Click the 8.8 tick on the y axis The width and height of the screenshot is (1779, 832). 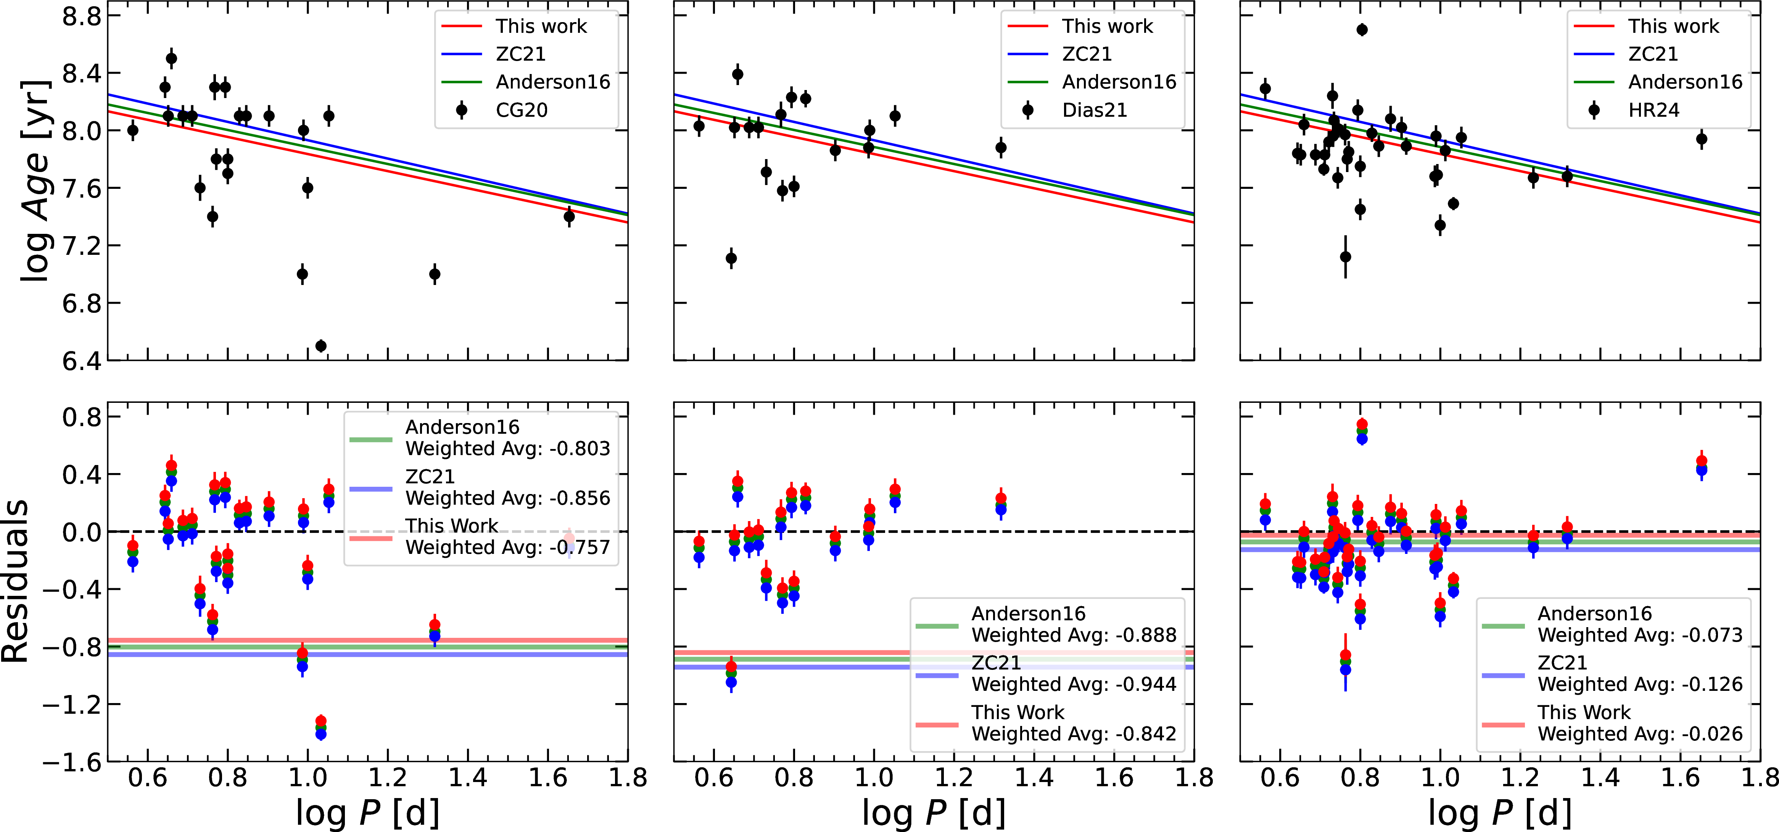pos(82,16)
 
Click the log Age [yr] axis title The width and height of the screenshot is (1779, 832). pos(35,181)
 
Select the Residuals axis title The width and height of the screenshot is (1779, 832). pos(15,581)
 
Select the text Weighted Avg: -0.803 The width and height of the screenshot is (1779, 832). pos(507,449)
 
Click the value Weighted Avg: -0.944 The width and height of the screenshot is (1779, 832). pos(1074,684)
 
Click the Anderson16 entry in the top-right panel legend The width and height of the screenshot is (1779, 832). pos(1685,82)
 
